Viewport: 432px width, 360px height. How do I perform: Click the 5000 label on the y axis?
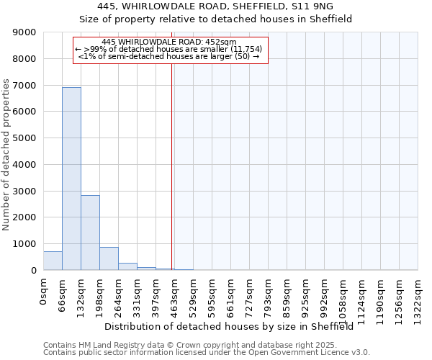click(x=26, y=138)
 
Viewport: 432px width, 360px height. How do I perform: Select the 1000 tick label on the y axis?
click(x=26, y=244)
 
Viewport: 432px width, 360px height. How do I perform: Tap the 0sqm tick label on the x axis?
click(x=44, y=292)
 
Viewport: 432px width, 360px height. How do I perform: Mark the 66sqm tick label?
click(x=63, y=294)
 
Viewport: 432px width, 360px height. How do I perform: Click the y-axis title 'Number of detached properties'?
click(x=6, y=155)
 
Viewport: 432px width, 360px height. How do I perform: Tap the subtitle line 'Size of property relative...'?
click(x=215, y=19)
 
